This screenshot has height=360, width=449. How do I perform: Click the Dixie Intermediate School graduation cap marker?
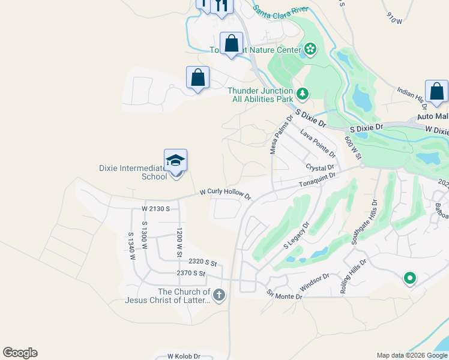pyautogui.click(x=175, y=161)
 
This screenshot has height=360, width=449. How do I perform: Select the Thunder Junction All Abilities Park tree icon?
pyautogui.click(x=303, y=94)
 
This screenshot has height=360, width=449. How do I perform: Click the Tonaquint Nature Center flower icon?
pyautogui.click(x=310, y=49)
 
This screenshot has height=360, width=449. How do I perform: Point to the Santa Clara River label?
pyautogui.click(x=280, y=10)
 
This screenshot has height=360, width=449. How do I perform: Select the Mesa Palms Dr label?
pyautogui.click(x=281, y=134)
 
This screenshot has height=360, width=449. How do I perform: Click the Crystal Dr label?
pyautogui.click(x=319, y=167)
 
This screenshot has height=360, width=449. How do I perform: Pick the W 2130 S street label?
pyautogui.click(x=156, y=209)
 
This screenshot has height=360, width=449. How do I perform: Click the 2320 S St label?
pyautogui.click(x=202, y=262)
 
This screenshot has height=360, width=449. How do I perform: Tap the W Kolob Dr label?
pyautogui.click(x=183, y=356)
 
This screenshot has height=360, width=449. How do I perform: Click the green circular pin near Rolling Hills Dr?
pyautogui.click(x=409, y=278)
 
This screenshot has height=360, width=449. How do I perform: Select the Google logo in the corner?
pyautogui.click(x=20, y=353)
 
